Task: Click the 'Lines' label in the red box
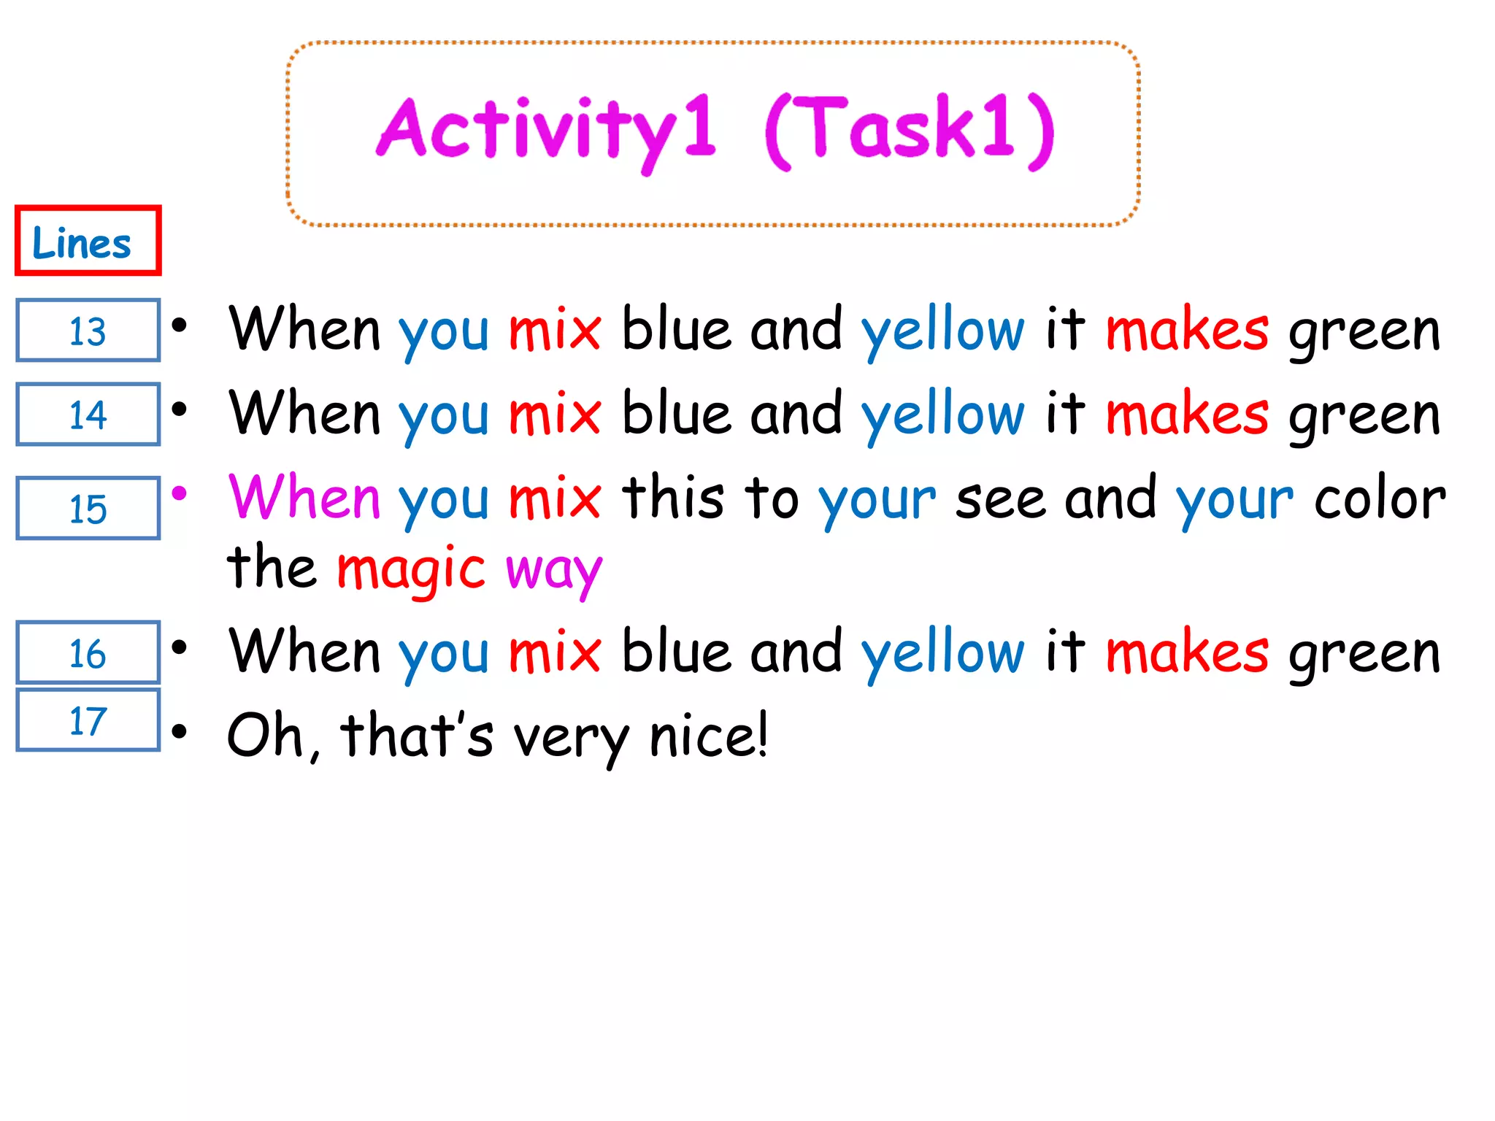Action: (82, 242)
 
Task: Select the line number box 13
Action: (88, 331)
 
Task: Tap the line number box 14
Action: (88, 415)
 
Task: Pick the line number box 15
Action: (88, 508)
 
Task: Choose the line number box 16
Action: (88, 652)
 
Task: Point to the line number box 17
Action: (88, 720)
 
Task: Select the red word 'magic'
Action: (410, 569)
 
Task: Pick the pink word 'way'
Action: (554, 571)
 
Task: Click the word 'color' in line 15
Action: (1380, 499)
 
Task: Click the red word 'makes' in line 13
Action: (1187, 330)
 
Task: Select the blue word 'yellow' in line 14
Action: (942, 415)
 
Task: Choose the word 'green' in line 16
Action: (1364, 654)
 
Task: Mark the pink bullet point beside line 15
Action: (179, 493)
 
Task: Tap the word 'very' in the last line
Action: (571, 737)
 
